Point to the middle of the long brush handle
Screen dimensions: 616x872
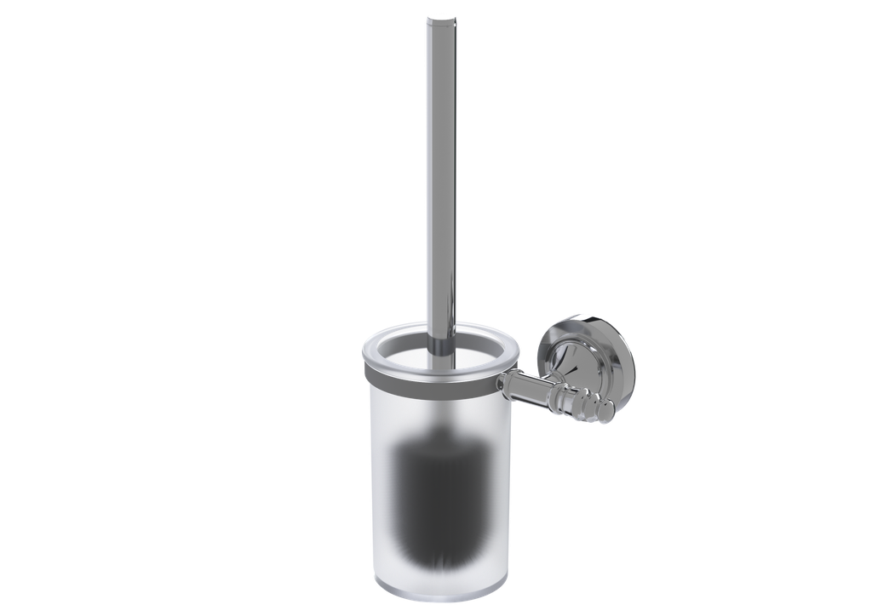(439, 170)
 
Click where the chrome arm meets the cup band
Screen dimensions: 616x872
(506, 384)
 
